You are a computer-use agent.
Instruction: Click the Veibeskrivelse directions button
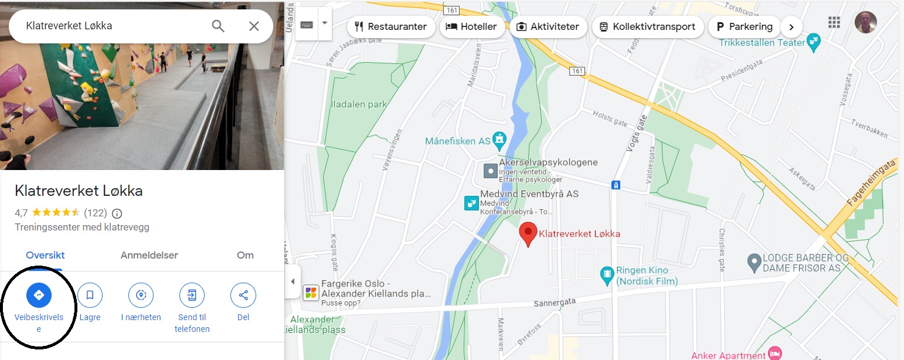39,295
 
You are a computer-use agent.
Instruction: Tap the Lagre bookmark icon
90,295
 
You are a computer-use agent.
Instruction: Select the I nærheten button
141,295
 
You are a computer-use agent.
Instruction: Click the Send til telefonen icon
192,295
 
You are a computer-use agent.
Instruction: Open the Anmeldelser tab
149,255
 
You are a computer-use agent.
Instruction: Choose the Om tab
245,255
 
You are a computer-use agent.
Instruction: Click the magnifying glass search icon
218,26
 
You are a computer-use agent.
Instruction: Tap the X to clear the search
254,26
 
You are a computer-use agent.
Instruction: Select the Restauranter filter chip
391,27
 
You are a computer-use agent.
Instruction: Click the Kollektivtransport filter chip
647,27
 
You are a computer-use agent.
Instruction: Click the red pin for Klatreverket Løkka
528,233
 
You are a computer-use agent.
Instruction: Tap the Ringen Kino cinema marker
607,273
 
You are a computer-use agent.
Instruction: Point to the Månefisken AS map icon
499,141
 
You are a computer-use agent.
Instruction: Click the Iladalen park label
359,104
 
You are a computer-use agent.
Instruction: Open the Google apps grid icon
834,23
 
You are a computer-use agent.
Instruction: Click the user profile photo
865,23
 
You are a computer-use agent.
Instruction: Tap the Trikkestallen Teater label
762,43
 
